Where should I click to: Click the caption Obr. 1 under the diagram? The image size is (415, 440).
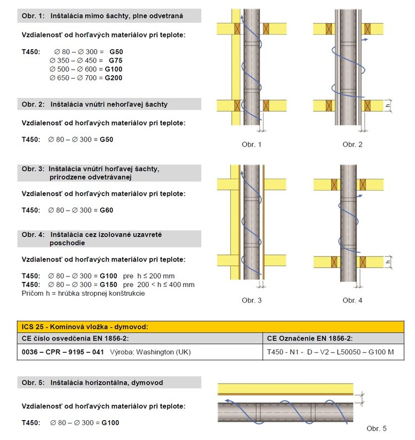point(251,144)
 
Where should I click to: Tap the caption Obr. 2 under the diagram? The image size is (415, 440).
point(352,144)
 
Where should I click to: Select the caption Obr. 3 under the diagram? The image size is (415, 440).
point(251,300)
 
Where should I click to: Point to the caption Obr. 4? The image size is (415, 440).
point(352,300)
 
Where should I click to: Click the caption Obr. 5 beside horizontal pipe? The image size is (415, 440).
point(377,428)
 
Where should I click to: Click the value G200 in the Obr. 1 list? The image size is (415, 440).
point(113,78)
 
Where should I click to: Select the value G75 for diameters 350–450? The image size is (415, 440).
point(116,60)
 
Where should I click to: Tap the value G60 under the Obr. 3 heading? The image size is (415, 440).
point(106,210)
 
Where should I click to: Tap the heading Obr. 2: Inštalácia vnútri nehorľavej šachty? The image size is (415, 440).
point(95,104)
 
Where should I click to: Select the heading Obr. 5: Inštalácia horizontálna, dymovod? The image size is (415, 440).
point(92,383)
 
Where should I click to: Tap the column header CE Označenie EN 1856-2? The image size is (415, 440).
point(310,338)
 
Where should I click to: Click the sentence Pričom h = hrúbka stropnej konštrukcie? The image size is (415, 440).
point(83,293)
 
